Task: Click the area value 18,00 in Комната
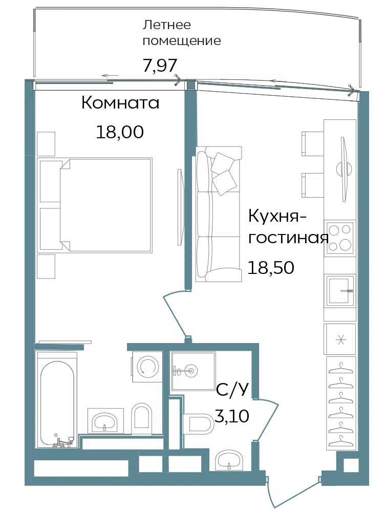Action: tap(119, 132)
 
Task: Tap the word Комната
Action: tap(120, 103)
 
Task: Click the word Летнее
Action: tap(167, 25)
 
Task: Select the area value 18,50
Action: tap(271, 267)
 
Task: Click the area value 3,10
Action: tap(232, 416)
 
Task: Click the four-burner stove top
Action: tap(340, 238)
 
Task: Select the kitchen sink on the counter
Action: tap(340, 290)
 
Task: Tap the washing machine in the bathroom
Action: tap(146, 367)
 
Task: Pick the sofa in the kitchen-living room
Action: tap(218, 214)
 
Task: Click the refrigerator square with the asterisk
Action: tap(340, 339)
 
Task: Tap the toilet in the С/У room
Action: tap(198, 424)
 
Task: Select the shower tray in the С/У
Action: tap(194, 371)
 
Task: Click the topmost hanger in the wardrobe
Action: tap(341, 369)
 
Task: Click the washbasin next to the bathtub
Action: tap(105, 421)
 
